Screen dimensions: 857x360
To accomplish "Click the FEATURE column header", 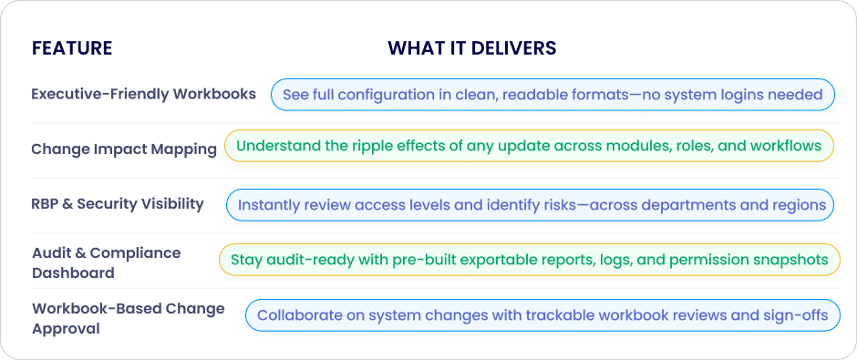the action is pos(72,48).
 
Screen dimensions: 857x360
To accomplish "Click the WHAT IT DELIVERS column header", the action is pos(472,48).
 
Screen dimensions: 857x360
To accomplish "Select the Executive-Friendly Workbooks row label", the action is pos(144,94).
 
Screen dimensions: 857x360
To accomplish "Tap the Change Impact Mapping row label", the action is pos(124,149).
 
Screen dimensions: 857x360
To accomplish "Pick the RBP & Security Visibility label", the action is pos(118,204).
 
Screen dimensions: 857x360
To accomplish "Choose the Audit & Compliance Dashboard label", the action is pos(106,262).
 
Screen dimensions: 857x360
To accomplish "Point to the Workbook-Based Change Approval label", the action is pos(129,318).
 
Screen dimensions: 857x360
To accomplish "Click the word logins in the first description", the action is pos(740,95).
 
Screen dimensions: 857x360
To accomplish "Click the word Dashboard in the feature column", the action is pos(73,273).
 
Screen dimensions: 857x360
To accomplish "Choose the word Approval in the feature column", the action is pos(67,329).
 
